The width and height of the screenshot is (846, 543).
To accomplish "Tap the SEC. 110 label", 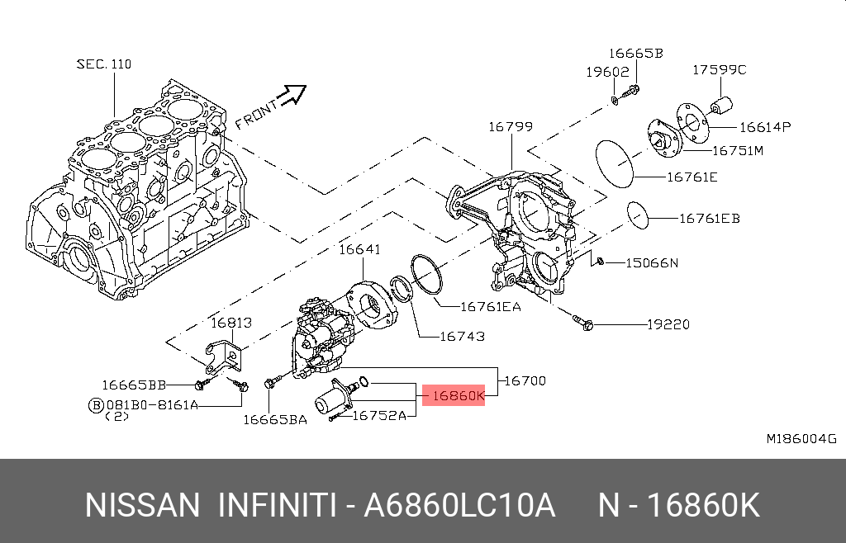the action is tap(104, 64).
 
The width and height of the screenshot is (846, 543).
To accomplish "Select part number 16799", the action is tap(510, 127).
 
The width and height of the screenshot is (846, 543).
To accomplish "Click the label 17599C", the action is tap(719, 70).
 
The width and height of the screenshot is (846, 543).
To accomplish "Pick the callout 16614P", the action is tap(765, 127).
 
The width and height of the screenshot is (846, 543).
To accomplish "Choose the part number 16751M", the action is tap(738, 151).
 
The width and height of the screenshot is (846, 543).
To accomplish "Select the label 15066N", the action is tap(651, 263).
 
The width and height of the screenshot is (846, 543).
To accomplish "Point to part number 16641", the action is tap(359, 248).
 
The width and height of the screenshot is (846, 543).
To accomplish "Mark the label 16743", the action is tap(462, 337).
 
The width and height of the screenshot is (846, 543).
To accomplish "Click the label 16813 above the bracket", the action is tap(231, 323).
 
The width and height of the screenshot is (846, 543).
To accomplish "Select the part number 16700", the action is tap(525, 380).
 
